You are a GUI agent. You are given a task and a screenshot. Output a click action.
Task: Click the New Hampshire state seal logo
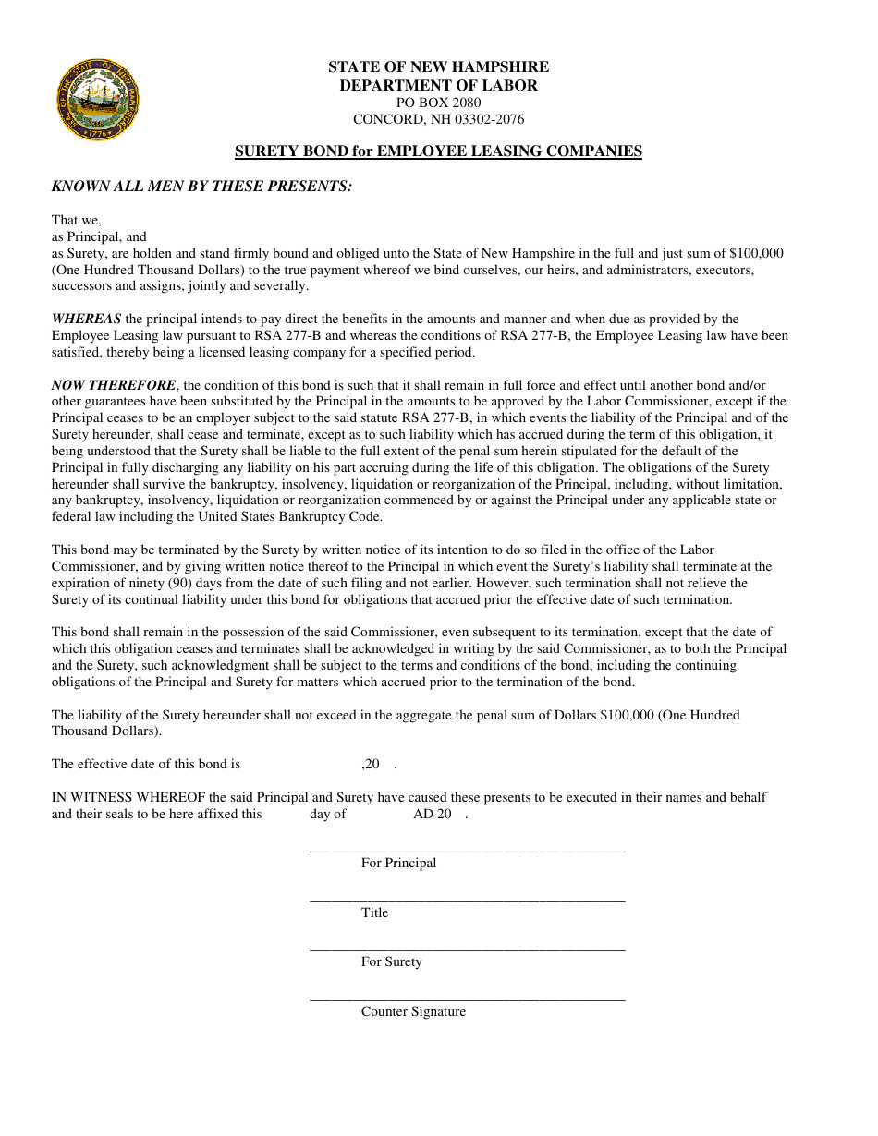[98, 100]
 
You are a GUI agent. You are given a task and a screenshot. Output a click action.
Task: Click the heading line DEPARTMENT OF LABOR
[438, 85]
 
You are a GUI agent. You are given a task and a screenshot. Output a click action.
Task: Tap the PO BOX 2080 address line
[438, 103]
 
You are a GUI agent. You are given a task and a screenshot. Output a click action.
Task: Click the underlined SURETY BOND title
[438, 151]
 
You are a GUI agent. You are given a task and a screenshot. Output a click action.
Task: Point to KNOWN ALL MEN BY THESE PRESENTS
[201, 186]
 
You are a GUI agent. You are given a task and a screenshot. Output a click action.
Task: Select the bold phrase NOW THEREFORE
[113, 385]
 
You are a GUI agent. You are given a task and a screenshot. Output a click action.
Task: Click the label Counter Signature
[413, 1011]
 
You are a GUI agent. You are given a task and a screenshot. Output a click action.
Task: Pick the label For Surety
[391, 961]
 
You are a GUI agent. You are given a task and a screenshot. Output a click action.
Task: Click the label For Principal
[398, 863]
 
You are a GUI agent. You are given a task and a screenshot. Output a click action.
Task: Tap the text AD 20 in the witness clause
[433, 814]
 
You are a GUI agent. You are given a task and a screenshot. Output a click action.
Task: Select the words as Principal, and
[99, 236]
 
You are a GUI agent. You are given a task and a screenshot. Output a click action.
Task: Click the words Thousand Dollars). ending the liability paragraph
[106, 731]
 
